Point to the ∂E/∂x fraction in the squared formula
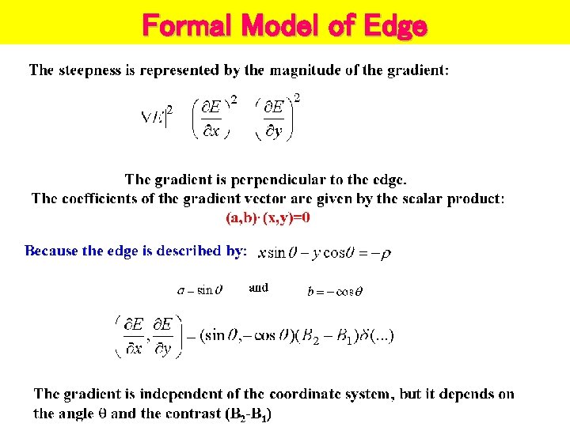coord(211,119)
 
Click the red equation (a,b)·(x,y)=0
coord(268,217)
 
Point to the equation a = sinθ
coord(199,290)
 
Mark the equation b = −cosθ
coord(335,291)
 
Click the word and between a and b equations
coord(259,288)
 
